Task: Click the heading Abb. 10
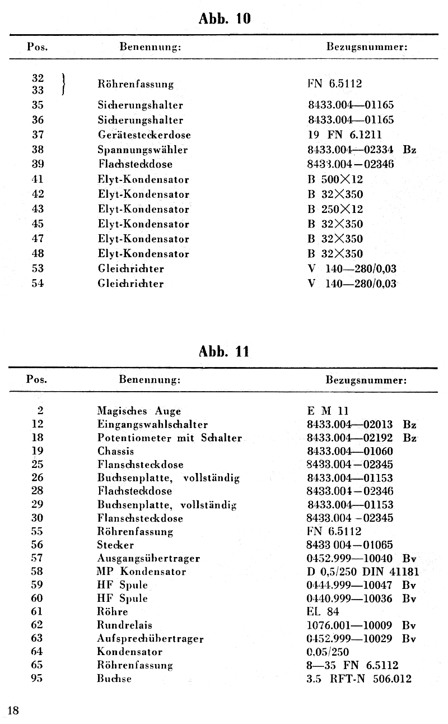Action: click(225, 19)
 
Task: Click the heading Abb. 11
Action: click(225, 351)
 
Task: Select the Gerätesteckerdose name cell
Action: click(144, 134)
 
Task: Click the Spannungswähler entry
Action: click(142, 150)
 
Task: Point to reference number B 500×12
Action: click(335, 179)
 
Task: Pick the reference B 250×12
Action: click(335, 209)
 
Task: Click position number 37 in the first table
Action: click(38, 134)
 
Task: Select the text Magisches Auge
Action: click(139, 411)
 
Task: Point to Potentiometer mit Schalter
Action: click(169, 438)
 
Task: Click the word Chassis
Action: click(115, 451)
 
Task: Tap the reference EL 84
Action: click(323, 611)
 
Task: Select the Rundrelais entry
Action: click(124, 625)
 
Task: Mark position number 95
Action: click(38, 679)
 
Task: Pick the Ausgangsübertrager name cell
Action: click(148, 558)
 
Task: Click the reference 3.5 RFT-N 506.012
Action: click(359, 679)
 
